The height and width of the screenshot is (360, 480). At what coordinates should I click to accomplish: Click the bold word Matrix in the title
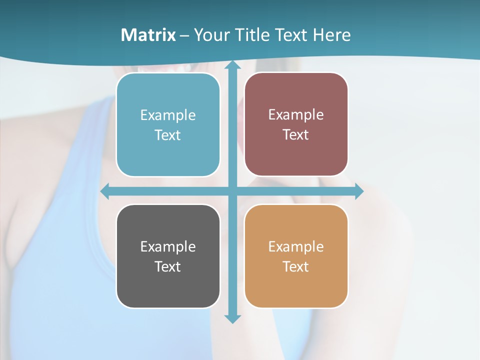(148, 35)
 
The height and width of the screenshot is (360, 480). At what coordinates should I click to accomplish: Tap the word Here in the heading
(331, 35)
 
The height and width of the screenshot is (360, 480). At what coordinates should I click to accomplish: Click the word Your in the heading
(210, 35)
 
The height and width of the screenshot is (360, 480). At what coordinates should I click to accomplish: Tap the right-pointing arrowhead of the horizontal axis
(359, 191)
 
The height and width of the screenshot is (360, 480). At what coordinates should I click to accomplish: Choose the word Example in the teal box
(168, 115)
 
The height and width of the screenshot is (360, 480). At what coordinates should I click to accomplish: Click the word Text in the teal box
(168, 135)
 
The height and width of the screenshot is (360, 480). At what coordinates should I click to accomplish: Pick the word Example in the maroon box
(296, 115)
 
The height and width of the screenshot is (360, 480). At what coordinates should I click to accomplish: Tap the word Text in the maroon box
(296, 134)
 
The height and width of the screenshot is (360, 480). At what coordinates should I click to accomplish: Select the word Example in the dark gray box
(168, 247)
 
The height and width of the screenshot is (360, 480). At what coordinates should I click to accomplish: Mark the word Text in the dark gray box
(168, 266)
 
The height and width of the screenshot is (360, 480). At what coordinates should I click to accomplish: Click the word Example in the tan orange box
(296, 247)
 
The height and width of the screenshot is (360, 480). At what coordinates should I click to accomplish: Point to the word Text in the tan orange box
(296, 266)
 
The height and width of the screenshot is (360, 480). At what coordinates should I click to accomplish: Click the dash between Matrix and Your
(184, 35)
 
